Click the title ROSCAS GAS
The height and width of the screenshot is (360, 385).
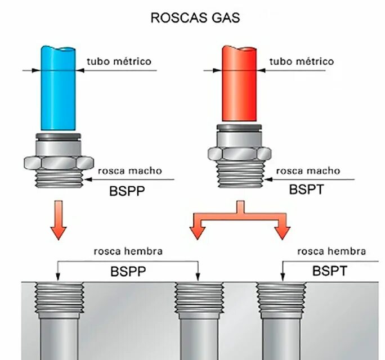click(195, 18)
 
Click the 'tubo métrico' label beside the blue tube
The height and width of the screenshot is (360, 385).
click(119, 61)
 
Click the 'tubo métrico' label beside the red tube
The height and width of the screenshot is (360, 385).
click(301, 61)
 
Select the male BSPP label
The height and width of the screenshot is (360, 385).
click(127, 191)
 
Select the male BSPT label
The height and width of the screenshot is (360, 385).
click(307, 189)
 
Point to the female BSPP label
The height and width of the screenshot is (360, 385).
click(128, 272)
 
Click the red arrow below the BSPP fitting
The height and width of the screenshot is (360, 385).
click(59, 222)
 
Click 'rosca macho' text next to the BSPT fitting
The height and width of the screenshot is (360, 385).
click(307, 170)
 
